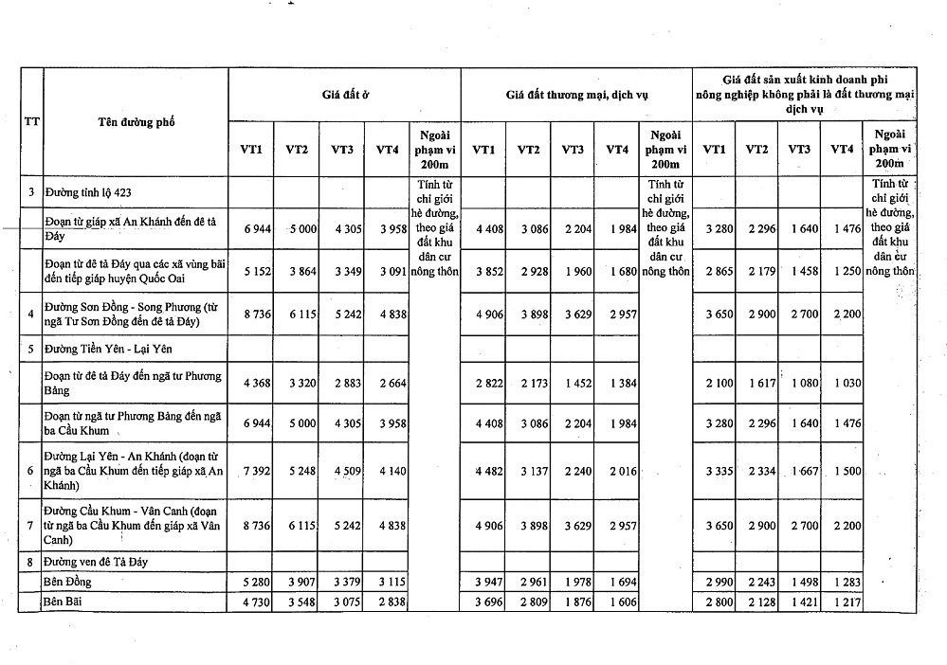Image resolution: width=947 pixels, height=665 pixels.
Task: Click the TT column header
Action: click(x=30, y=121)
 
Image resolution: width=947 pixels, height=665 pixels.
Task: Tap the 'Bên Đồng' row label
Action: click(x=67, y=580)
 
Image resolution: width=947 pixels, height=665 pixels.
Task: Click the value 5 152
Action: click(x=258, y=271)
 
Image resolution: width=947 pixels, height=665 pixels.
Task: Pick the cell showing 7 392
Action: click(x=258, y=472)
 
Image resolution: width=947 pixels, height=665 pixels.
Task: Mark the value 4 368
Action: click(x=258, y=383)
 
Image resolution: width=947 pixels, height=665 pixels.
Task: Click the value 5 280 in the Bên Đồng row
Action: click(x=258, y=580)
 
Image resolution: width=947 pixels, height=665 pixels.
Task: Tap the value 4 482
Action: click(x=490, y=472)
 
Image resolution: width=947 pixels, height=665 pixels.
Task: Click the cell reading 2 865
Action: click(x=720, y=271)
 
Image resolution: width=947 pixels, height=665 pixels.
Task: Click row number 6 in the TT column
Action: click(x=30, y=472)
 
